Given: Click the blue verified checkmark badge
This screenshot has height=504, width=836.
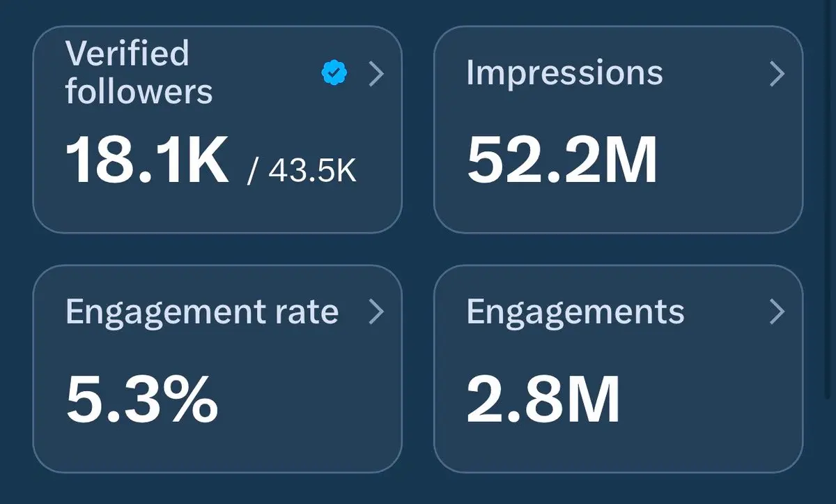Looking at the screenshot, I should point(335,72).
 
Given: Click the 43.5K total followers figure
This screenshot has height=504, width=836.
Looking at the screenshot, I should point(312,171).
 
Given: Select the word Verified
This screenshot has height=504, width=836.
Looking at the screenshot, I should point(127,54).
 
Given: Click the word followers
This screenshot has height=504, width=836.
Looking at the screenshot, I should point(139,91).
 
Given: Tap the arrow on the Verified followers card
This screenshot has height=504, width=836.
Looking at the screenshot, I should point(376,73).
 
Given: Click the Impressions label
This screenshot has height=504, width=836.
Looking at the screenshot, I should point(564,72).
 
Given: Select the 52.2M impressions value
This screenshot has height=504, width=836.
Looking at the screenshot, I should point(562,161).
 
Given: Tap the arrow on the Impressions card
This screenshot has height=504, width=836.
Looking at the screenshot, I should point(777,73).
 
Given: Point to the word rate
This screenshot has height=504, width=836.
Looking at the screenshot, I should point(310,312).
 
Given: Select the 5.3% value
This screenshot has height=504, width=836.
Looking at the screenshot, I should point(142,400).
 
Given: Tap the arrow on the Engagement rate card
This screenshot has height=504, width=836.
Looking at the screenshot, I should point(376,312).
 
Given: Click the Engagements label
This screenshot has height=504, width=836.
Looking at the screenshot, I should point(575,312).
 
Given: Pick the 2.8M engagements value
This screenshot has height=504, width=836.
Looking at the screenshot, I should point(543,400).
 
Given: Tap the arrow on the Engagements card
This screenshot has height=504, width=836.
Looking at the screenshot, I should point(777,312).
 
